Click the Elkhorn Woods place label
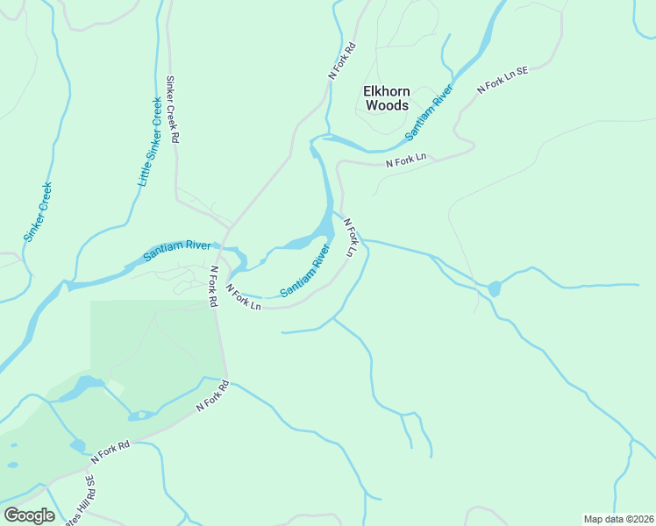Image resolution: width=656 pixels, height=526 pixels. pos(386,97)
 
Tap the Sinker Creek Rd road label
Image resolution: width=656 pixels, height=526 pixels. pos(173,110)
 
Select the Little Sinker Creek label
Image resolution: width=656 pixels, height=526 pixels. pos(150,141)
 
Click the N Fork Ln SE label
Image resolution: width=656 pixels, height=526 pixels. pos(503,77)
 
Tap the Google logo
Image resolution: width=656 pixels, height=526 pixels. pos(29,515)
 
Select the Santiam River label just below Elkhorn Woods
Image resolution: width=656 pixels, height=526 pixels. pos(429,111)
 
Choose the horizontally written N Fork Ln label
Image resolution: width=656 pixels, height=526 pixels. pos(406,158)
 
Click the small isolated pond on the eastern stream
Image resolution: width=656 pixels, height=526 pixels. pos(495,288)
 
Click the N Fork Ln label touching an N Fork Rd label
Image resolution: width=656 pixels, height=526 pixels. pos(243,297)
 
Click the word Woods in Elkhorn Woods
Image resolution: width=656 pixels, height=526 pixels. pos(386,105)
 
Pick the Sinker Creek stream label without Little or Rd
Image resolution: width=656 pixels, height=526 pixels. pos(38,211)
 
